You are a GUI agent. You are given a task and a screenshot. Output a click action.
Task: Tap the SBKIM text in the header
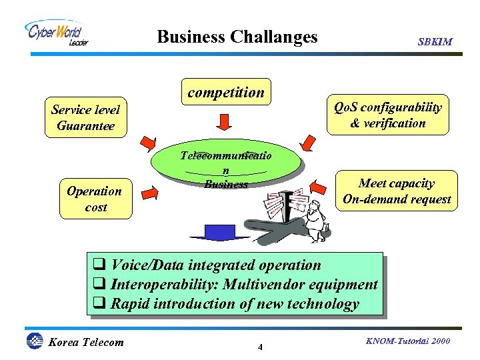435,41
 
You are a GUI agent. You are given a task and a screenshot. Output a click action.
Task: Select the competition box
226,93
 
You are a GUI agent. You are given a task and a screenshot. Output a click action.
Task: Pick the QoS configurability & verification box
388,115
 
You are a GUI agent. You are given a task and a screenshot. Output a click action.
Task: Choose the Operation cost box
94,199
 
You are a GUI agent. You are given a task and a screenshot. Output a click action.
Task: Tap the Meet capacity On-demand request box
396,191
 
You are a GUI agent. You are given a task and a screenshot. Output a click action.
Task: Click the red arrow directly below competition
225,122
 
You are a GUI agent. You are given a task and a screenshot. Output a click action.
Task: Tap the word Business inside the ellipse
226,185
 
